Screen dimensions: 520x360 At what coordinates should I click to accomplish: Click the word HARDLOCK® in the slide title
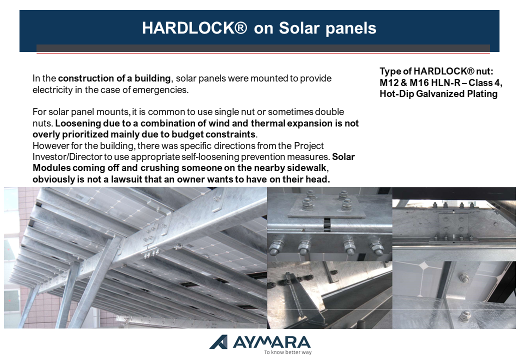194,28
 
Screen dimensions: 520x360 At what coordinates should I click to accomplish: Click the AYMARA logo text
272,342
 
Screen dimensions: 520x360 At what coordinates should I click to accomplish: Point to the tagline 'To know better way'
288,352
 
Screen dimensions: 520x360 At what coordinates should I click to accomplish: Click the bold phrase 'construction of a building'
114,78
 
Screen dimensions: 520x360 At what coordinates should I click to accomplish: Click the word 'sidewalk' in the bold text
308,168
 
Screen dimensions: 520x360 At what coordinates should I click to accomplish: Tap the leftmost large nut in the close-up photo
275,247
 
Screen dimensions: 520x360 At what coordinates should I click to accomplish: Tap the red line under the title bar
263,53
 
